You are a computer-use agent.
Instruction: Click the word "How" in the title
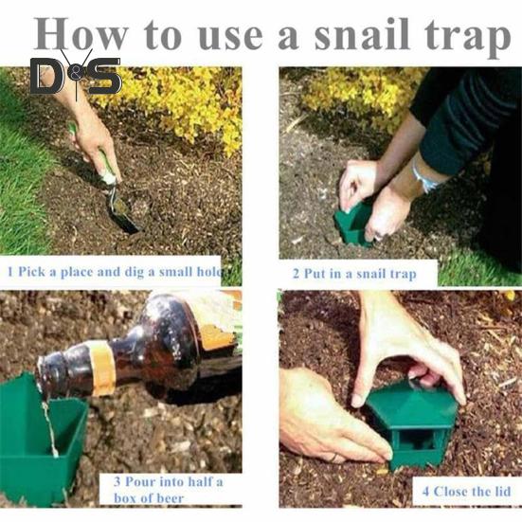[x=81, y=33]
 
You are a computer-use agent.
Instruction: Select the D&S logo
[x=76, y=75]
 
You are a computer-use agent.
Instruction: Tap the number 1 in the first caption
[x=10, y=272]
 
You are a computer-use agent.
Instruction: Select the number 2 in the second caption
[x=296, y=274]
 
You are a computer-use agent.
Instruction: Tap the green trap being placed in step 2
[x=354, y=224]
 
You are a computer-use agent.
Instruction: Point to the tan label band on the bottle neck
[x=102, y=368]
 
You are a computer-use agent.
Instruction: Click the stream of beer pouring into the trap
[x=50, y=426]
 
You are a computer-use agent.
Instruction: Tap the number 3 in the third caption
[x=117, y=481]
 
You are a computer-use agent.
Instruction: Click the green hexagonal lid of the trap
[x=412, y=405]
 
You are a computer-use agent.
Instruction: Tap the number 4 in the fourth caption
[x=425, y=492]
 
